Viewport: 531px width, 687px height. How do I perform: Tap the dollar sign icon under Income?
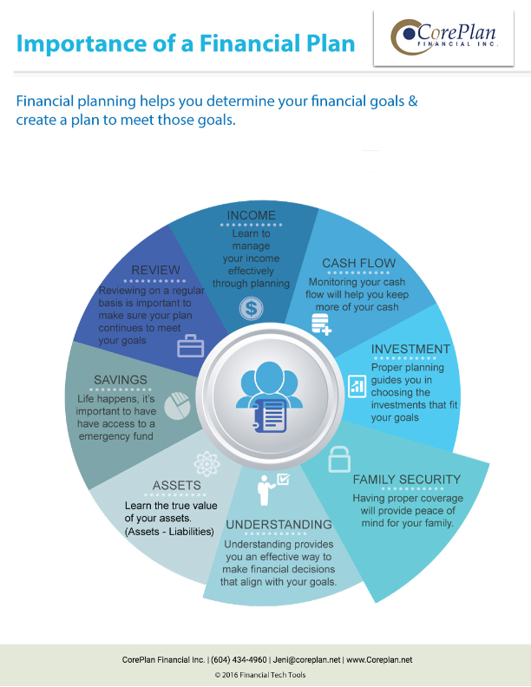251,309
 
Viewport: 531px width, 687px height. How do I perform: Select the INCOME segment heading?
251,216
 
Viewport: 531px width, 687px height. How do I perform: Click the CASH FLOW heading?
359,264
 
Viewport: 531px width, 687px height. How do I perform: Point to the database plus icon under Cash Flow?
321,324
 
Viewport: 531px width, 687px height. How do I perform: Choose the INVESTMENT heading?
410,350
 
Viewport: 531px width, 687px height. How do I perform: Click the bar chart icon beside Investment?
357,386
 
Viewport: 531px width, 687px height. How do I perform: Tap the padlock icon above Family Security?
339,459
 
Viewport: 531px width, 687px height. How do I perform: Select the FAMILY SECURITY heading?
407,480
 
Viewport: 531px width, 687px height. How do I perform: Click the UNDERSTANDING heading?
279,525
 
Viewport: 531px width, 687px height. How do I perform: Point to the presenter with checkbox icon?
272,489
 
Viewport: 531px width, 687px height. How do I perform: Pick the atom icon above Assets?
206,464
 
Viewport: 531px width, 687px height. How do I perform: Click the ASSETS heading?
176,486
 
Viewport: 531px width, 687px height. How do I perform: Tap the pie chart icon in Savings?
178,406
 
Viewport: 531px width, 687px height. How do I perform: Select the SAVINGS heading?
121,380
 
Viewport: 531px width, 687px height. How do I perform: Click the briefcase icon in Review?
191,347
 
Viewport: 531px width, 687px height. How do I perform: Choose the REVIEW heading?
155,270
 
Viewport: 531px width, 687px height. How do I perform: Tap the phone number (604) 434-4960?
239,660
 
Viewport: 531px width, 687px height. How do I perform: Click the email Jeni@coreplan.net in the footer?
306,660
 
